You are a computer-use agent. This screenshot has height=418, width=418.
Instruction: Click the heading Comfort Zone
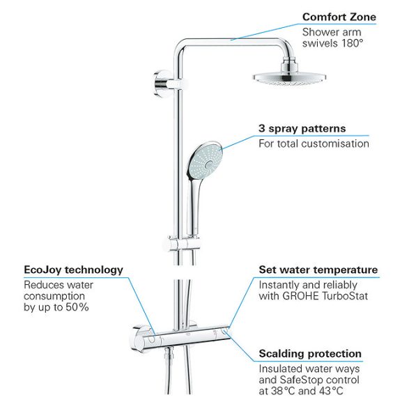[x=339, y=17]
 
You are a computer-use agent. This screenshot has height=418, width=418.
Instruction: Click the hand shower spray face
[x=206, y=160]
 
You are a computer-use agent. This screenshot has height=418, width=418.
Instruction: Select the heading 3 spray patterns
[x=302, y=128]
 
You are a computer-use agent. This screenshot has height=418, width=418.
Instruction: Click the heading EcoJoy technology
[x=73, y=270]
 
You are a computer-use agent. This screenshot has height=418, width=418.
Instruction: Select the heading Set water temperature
[x=318, y=270]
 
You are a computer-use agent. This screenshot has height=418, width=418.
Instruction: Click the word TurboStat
[x=345, y=296]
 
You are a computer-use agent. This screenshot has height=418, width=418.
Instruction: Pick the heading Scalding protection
[x=310, y=354]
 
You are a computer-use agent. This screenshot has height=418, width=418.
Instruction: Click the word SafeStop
[x=300, y=380]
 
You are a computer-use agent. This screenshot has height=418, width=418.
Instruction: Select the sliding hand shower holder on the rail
[x=181, y=244]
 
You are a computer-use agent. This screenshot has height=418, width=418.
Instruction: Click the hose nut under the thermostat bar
[x=169, y=353]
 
